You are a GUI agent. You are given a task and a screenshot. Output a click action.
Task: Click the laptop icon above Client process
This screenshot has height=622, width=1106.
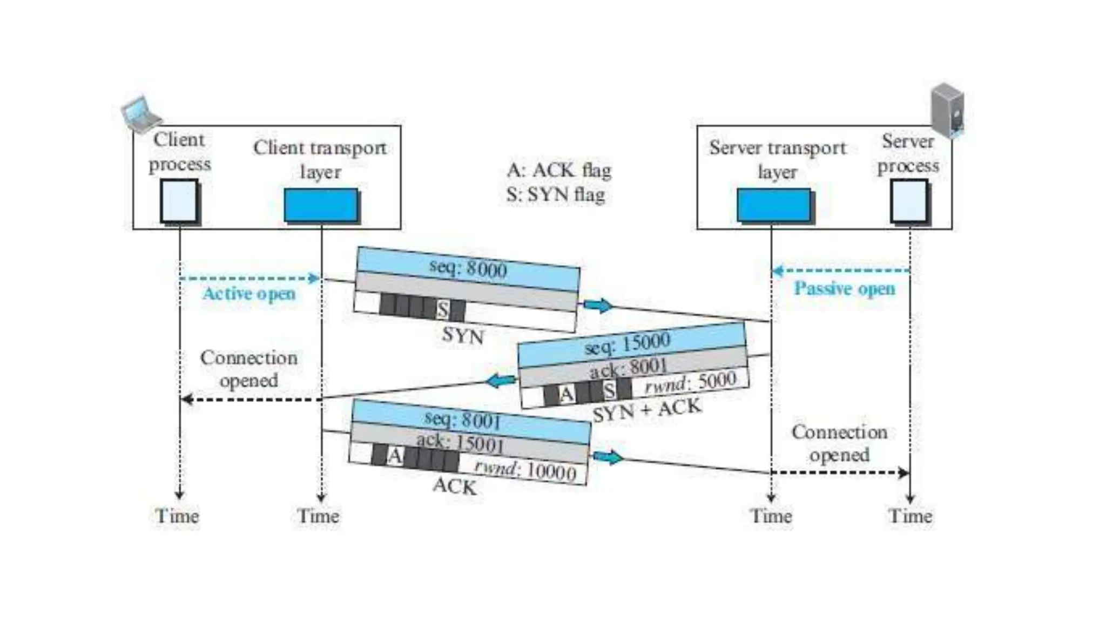(141, 114)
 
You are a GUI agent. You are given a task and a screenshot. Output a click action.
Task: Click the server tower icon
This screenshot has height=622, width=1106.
(947, 109)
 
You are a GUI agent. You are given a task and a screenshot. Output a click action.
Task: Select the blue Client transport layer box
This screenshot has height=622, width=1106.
(321, 205)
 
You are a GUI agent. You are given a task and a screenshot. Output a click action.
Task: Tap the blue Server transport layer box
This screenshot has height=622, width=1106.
(774, 205)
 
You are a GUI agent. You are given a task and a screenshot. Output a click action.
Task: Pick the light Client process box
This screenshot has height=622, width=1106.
(179, 201)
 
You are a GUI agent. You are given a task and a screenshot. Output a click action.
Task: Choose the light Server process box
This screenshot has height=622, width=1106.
(909, 201)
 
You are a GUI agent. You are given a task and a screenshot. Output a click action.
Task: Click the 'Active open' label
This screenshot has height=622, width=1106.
(249, 294)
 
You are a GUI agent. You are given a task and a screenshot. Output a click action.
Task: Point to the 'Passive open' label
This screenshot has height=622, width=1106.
(844, 288)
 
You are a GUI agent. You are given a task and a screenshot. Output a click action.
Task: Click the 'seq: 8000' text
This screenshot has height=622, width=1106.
(468, 268)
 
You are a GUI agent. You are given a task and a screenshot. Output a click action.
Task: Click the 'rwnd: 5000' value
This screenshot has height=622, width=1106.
(691, 382)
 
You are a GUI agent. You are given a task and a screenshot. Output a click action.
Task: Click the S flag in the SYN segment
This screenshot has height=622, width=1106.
(443, 310)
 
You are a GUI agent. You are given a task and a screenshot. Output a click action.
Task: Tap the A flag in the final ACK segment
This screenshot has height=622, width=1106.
(395, 456)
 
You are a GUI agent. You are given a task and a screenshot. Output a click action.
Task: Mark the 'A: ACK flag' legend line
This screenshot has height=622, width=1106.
(558, 170)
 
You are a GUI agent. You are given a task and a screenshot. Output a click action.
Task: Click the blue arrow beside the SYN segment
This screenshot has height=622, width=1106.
(598, 305)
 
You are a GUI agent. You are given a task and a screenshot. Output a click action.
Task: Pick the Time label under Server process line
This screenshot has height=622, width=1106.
(910, 516)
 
